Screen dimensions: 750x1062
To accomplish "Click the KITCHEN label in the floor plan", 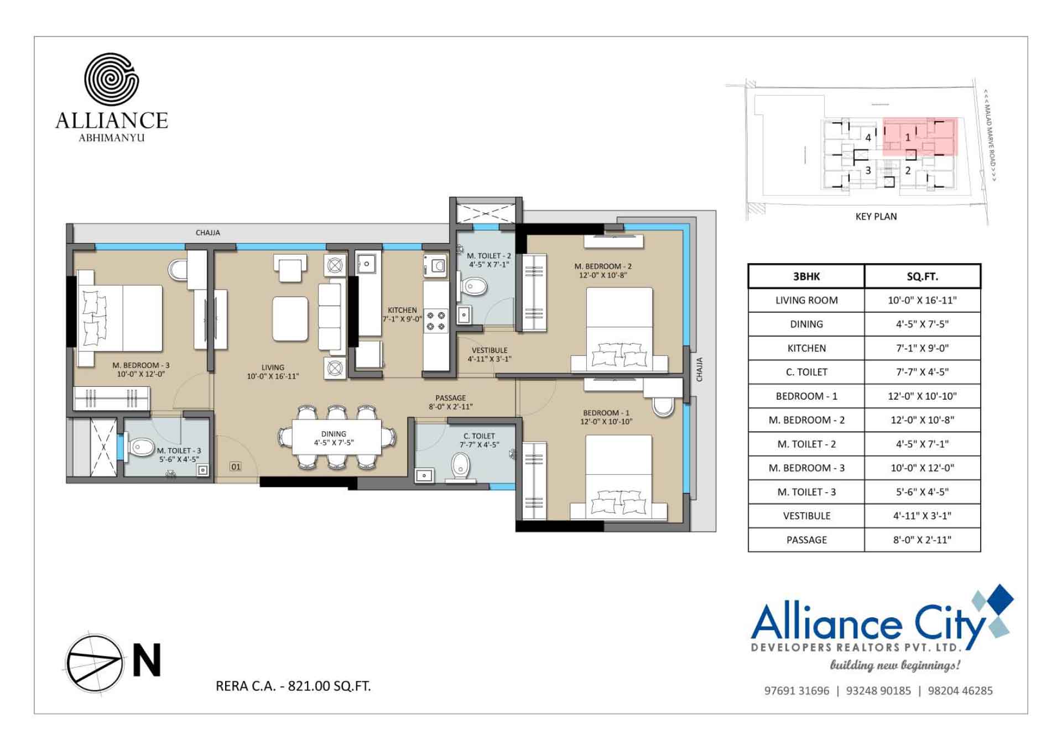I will point(402,310).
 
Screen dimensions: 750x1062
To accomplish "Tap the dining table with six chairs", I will point(336,438).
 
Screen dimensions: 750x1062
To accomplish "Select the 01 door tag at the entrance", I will point(236,466).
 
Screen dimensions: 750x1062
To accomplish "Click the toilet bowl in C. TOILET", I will point(460,466).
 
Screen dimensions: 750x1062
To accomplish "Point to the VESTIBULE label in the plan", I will point(490,350).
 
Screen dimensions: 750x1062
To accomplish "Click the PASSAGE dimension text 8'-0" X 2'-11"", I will point(450,407).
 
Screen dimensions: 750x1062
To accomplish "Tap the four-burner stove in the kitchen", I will point(436,321).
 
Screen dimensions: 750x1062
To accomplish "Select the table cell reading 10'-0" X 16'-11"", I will point(922,300).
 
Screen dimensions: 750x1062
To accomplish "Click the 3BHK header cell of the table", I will point(806,276).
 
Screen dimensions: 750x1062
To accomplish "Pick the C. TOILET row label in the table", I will point(806,372).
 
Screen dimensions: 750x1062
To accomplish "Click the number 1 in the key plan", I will point(907,137).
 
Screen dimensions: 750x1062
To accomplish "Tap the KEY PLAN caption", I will point(876,217).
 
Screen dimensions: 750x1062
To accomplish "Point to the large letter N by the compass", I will point(147,660).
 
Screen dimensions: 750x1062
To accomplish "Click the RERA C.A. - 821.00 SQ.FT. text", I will point(293,686).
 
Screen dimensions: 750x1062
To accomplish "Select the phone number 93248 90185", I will point(878,690).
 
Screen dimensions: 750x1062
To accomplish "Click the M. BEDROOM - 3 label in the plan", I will point(140,365).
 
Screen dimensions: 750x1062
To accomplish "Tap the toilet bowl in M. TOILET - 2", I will point(475,286).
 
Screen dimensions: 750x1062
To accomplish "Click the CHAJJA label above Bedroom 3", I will point(207,233).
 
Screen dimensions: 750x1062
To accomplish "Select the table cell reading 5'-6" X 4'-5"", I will point(922,492).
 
